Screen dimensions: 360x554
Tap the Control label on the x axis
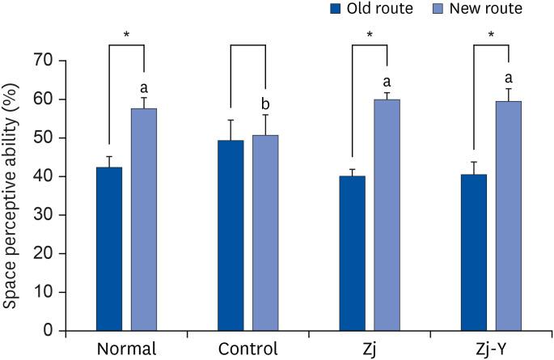pyautogui.click(x=247, y=349)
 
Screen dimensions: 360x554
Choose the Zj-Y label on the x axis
pyautogui.click(x=492, y=349)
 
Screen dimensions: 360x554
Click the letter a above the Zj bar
pyautogui.click(x=387, y=81)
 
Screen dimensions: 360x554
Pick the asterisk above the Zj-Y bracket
pyautogui.click(x=491, y=35)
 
